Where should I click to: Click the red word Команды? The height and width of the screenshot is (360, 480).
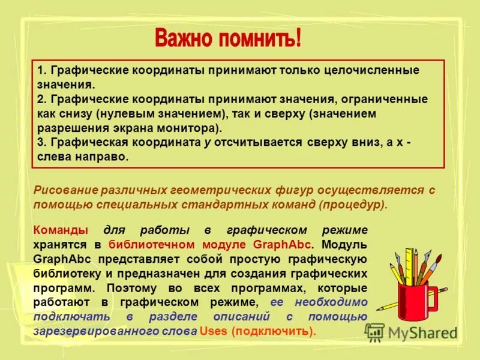61,230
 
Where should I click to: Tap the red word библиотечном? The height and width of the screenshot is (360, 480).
152,244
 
